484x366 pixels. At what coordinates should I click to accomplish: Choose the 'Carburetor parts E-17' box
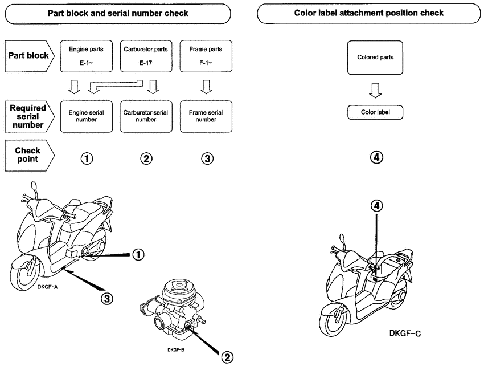pyautogui.click(x=146, y=56)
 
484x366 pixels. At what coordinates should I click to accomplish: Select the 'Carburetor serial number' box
pyautogui.click(x=146, y=116)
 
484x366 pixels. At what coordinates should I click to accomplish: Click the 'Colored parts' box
pyautogui.click(x=375, y=57)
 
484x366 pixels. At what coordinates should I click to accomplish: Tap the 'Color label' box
pyautogui.click(x=375, y=112)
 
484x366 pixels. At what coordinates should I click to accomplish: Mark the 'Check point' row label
pyautogui.click(x=27, y=154)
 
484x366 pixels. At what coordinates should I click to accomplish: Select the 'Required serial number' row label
pyautogui.click(x=27, y=116)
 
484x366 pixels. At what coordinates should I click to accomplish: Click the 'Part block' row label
pyautogui.click(x=27, y=56)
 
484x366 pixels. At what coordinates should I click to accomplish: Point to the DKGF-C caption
pyautogui.click(x=405, y=333)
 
